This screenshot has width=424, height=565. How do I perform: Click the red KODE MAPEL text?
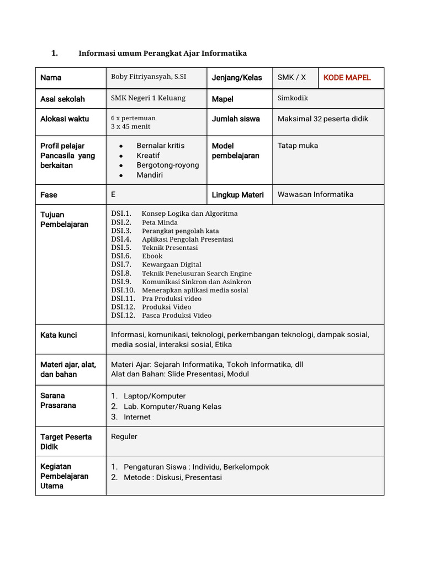[347, 77]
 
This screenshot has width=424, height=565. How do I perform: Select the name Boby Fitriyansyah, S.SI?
[149, 77]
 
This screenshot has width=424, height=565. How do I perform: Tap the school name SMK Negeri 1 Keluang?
[148, 98]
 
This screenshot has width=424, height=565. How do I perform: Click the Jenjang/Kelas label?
[237, 78]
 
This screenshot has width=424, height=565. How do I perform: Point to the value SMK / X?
[291, 77]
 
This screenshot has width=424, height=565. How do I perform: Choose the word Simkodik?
[293, 98]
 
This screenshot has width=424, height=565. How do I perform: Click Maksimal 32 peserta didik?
[322, 119]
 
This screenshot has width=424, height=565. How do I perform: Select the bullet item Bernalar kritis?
[161, 146]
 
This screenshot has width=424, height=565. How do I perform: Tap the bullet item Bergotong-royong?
[168, 165]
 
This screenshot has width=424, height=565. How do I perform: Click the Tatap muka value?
[298, 146]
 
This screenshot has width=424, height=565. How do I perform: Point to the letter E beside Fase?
[113, 194]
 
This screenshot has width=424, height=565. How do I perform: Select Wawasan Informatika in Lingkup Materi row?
[315, 194]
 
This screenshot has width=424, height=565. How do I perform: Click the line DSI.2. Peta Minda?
[145, 222]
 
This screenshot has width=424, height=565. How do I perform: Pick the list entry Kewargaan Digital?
[171, 264]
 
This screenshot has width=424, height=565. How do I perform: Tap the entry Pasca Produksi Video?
[176, 315]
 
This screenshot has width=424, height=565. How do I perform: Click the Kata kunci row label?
[59, 335]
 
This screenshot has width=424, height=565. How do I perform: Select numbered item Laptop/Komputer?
[154, 396]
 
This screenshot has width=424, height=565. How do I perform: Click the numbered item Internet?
[137, 417]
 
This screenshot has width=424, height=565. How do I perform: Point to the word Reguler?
[124, 436]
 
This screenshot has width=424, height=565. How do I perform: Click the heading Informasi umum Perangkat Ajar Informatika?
[162, 53]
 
